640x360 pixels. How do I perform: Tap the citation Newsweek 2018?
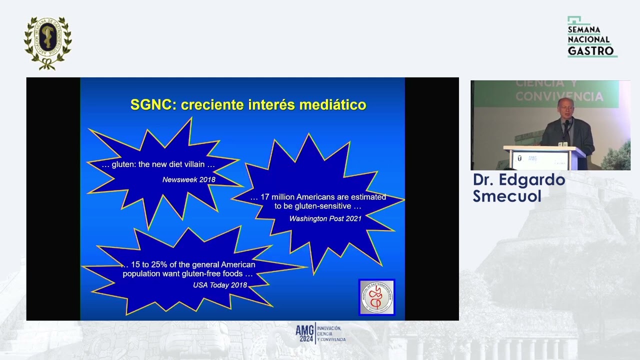(x=188, y=179)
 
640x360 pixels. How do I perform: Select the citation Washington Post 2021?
(x=325, y=218)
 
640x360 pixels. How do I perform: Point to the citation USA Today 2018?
(x=220, y=285)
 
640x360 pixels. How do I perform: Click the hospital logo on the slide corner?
(x=376, y=297)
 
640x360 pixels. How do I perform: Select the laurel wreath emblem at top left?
(x=48, y=42)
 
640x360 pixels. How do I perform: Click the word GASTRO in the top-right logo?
(x=590, y=51)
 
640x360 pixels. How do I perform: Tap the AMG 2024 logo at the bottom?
(x=320, y=333)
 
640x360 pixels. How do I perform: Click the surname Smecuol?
(x=507, y=196)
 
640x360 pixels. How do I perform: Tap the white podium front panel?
(x=542, y=160)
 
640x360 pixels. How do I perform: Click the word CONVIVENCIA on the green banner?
(x=559, y=96)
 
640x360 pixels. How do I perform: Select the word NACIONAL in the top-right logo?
(x=588, y=40)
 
